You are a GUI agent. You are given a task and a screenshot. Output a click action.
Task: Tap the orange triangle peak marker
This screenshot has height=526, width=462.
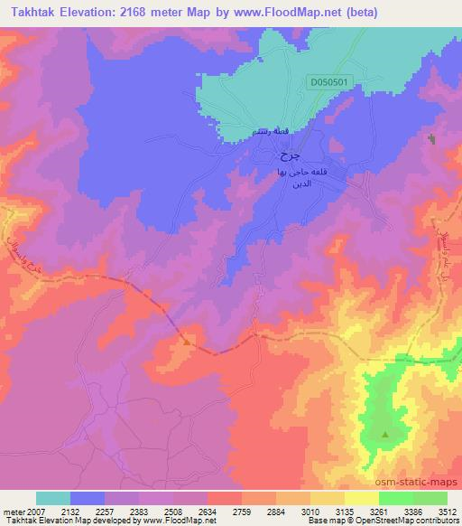[x=187, y=342]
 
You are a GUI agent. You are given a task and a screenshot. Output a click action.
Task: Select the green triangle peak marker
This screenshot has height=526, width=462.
[x=385, y=435]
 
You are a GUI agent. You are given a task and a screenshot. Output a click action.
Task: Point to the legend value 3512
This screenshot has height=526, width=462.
[x=448, y=511]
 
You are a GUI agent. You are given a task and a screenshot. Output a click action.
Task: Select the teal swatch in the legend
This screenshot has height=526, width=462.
[x=53, y=498]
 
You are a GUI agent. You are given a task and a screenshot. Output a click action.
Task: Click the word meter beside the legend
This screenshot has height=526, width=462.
[x=14, y=511]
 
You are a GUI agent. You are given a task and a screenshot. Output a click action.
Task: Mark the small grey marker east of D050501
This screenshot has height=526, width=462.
[x=431, y=140]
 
